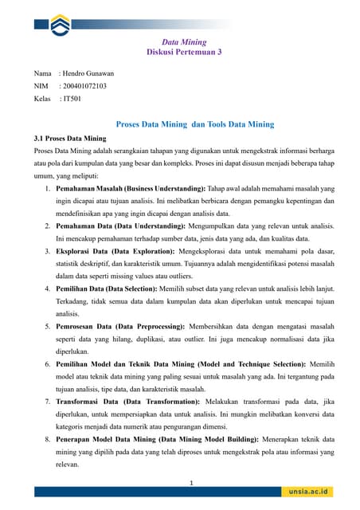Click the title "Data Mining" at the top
[x=180, y=41]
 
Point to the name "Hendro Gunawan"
[x=89, y=73]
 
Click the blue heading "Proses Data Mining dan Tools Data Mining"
[x=195, y=124]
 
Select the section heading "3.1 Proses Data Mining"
[x=70, y=138]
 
